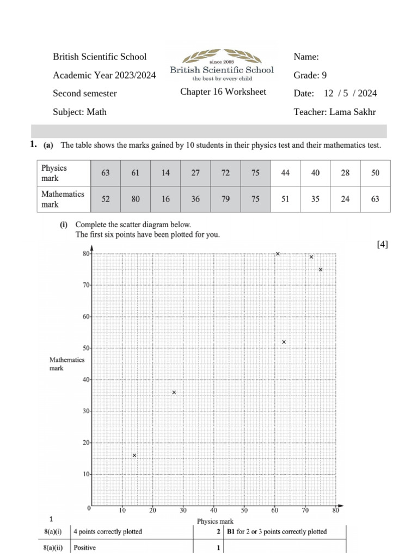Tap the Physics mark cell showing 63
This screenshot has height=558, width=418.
(x=106, y=173)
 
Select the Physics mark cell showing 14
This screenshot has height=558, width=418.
(x=165, y=173)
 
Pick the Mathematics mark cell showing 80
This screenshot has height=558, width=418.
(x=136, y=199)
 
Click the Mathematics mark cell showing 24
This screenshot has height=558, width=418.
(x=345, y=199)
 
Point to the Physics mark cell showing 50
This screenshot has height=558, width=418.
(x=375, y=173)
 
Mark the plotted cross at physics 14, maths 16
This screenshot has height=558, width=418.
(x=134, y=456)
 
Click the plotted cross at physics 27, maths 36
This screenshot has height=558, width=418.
(x=174, y=392)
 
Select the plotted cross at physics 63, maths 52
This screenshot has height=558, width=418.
(x=284, y=342)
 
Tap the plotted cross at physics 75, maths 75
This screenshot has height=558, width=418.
(x=321, y=270)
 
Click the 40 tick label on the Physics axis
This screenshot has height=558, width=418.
(x=214, y=511)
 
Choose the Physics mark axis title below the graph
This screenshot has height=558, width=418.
(x=215, y=521)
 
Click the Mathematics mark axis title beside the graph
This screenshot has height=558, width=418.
(x=67, y=364)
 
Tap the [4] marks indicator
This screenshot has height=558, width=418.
(x=382, y=245)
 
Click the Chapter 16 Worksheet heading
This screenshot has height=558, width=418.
(x=223, y=92)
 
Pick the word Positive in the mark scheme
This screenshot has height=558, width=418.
(x=85, y=549)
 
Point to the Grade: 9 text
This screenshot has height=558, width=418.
(x=310, y=75)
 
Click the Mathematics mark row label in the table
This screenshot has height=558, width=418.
(x=63, y=199)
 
